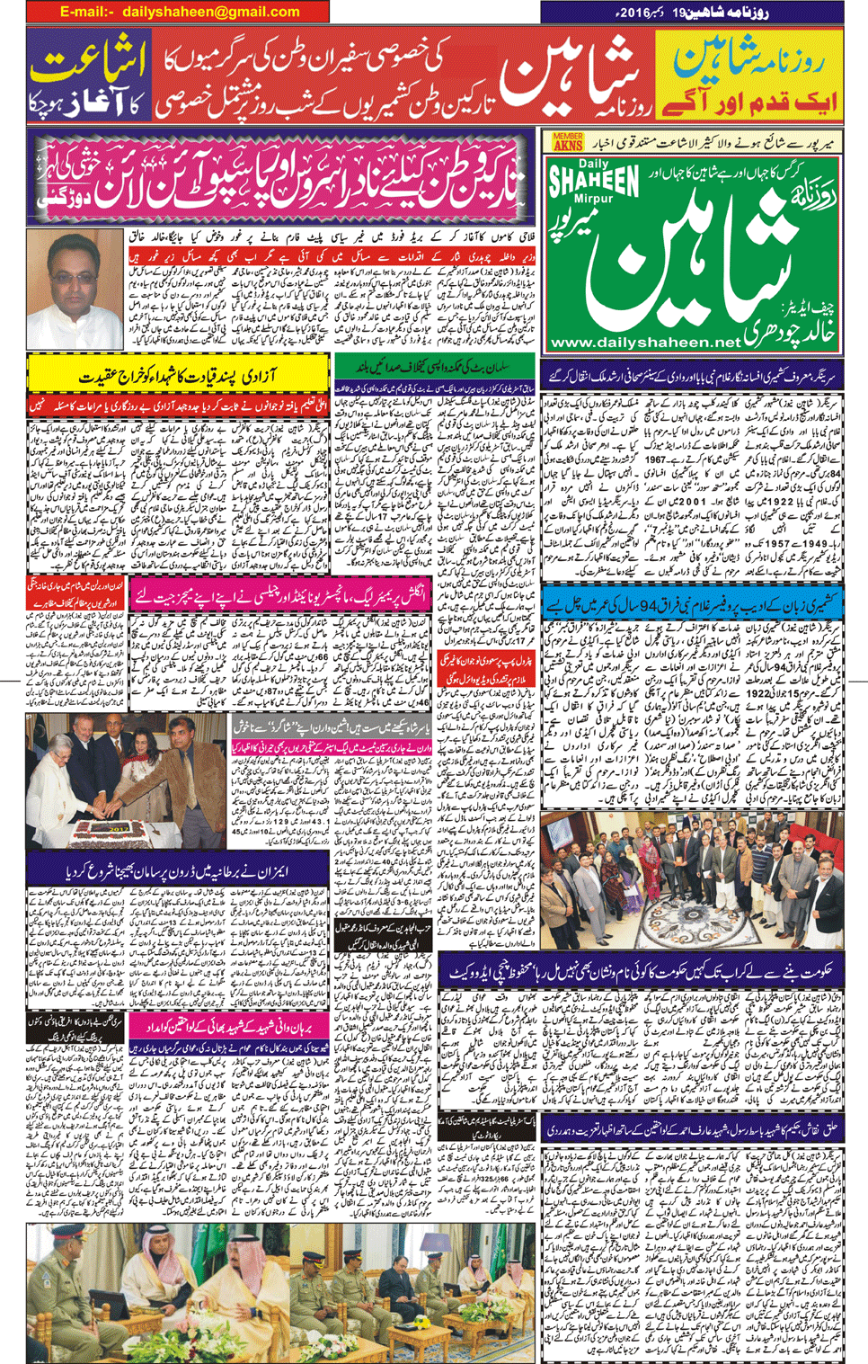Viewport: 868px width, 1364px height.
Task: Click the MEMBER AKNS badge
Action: (568, 141)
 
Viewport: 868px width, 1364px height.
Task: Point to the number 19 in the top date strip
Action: (704, 13)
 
